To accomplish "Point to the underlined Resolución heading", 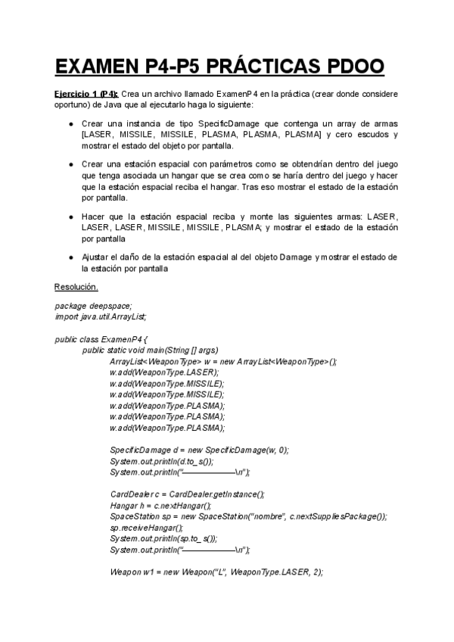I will pos(76,287).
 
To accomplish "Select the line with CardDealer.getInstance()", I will pos(187,494).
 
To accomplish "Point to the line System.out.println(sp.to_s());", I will pos(163,538).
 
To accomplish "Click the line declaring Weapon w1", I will pos(216,572).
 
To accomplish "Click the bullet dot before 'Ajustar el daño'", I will pos(70,257).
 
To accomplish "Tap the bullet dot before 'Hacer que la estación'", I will pos(70,217).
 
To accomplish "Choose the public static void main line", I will pos(150,350).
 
